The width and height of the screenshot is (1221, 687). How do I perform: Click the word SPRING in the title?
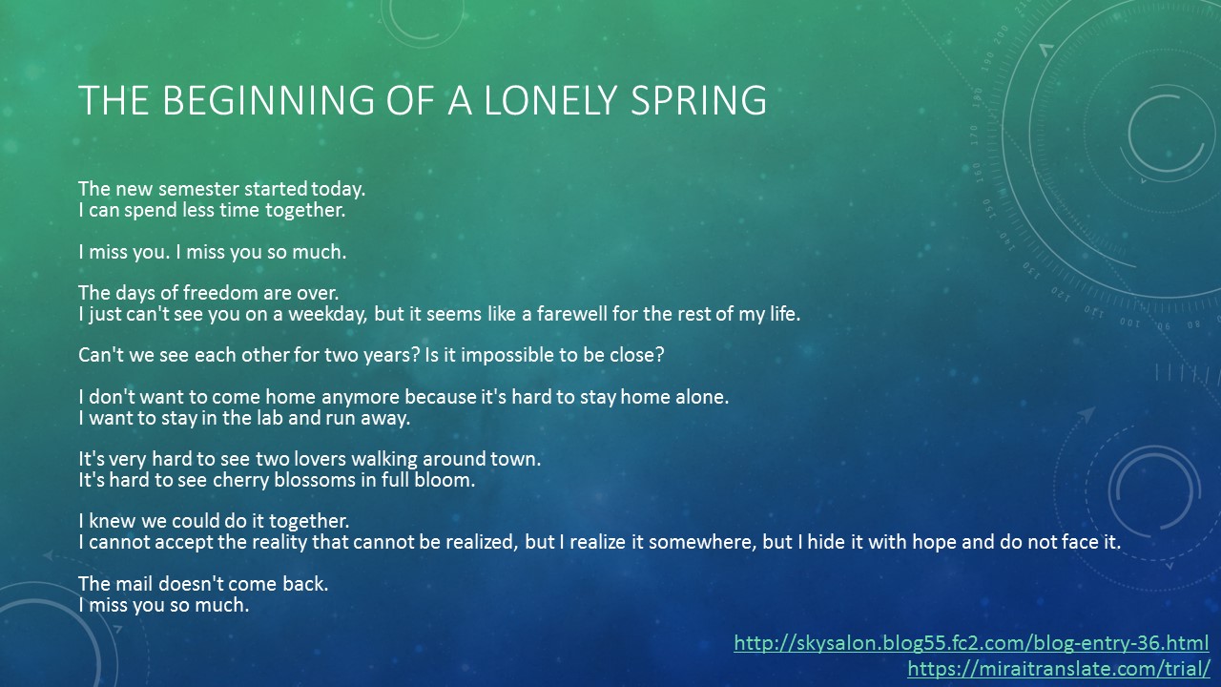(x=698, y=100)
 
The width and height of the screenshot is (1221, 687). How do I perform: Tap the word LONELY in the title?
(x=550, y=100)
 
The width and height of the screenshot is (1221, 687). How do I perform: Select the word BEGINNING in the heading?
(x=268, y=100)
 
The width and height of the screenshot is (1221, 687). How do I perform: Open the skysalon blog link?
(x=971, y=643)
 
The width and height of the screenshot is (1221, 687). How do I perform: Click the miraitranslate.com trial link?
(x=1059, y=669)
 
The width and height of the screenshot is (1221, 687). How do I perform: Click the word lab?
(x=268, y=418)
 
